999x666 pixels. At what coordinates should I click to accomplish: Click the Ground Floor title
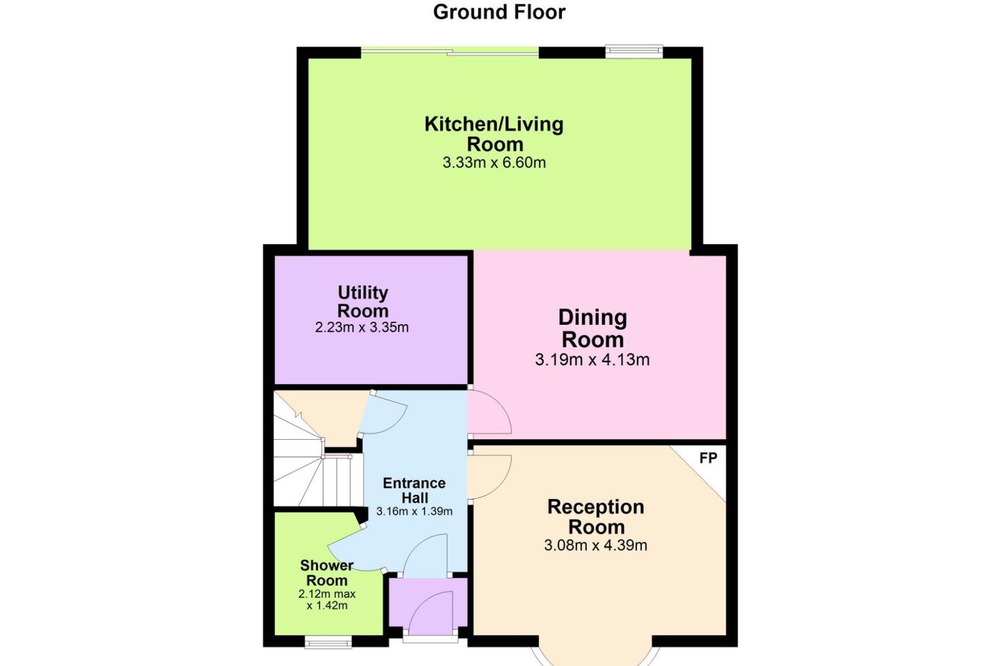[x=499, y=12]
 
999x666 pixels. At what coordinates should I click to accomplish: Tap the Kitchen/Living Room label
[x=494, y=134]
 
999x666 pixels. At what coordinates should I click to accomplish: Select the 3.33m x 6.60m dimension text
[x=494, y=163]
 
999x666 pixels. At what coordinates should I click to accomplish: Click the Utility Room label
[x=363, y=302]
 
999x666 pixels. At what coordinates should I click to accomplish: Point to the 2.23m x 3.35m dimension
[x=361, y=327]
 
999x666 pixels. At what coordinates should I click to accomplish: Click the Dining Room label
[x=592, y=328]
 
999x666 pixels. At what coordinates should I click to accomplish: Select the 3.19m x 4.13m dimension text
[x=592, y=359]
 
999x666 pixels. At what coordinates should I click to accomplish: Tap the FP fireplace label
[x=708, y=458]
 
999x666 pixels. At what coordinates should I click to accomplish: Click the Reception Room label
[x=596, y=517]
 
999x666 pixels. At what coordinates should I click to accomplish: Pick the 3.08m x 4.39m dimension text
[x=596, y=545]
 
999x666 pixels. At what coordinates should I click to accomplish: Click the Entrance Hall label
[x=414, y=490]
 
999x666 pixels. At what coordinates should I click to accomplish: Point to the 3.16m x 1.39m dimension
[x=414, y=511]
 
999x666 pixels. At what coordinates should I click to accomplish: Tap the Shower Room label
[x=327, y=573]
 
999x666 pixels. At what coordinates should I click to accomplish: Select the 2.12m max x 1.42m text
[x=327, y=599]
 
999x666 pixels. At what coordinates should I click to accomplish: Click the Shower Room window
[x=328, y=642]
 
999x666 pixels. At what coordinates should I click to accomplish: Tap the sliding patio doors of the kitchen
[x=450, y=52]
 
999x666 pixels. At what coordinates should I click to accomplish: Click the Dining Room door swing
[x=489, y=412]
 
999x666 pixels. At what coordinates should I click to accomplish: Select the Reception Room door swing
[x=489, y=477]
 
